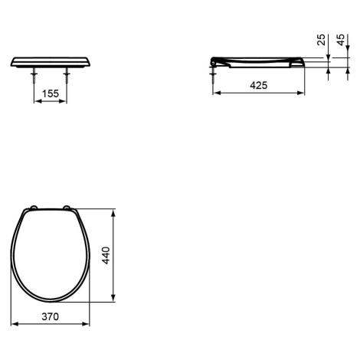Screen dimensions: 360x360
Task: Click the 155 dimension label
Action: tap(51, 93)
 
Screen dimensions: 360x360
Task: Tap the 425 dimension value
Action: tap(259, 85)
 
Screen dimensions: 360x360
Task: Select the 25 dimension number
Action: tap(321, 40)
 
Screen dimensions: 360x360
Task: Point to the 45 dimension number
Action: tap(341, 40)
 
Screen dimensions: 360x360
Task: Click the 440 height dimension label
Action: tap(106, 255)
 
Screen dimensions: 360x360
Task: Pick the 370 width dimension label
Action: tap(51, 316)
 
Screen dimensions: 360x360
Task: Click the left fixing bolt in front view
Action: tap(34, 75)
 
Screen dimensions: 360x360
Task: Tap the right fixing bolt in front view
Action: tap(67, 75)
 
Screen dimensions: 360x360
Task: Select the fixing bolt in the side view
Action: tap(213, 75)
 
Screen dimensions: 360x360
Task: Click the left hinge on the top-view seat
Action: tap(34, 208)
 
